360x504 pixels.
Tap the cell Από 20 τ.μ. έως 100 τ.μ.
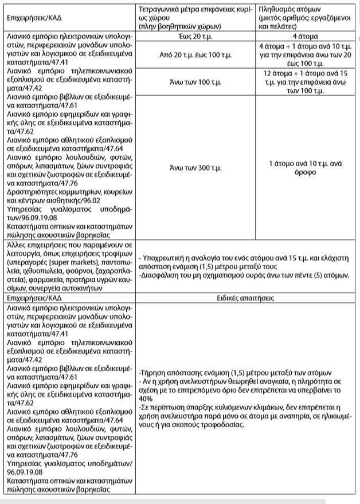195,55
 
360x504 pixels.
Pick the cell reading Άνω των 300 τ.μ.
195,167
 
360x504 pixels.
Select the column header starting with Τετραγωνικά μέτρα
195,16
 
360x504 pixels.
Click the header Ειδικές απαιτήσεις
248,298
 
